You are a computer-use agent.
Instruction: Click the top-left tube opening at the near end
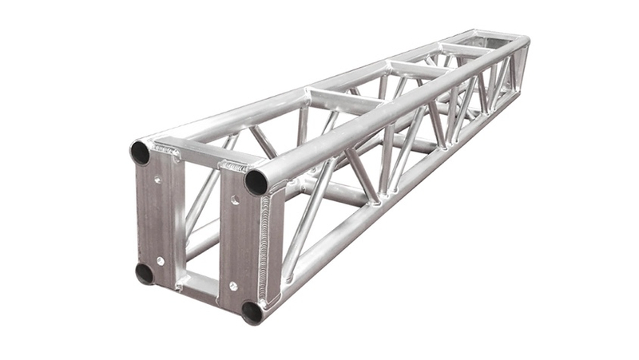(141, 152)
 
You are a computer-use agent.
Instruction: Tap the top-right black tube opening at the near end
(256, 181)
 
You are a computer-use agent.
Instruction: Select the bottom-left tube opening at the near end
(145, 273)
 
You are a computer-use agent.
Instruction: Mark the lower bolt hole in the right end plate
(233, 286)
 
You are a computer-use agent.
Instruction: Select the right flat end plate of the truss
(240, 239)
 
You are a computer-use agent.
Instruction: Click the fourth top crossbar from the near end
(463, 50)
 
